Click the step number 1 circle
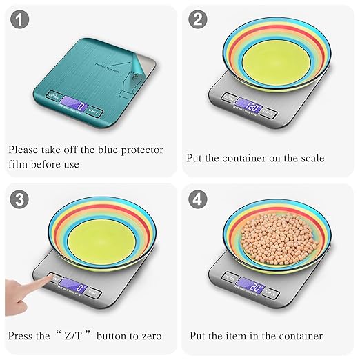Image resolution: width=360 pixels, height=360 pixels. coord(21,20)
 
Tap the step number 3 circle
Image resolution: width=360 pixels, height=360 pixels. coord(21,199)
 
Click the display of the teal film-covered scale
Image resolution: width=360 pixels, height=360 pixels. coord(75,108)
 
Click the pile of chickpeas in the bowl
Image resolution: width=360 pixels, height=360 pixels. coord(274,234)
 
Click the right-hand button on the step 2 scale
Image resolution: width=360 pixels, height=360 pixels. coord(269,112)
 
